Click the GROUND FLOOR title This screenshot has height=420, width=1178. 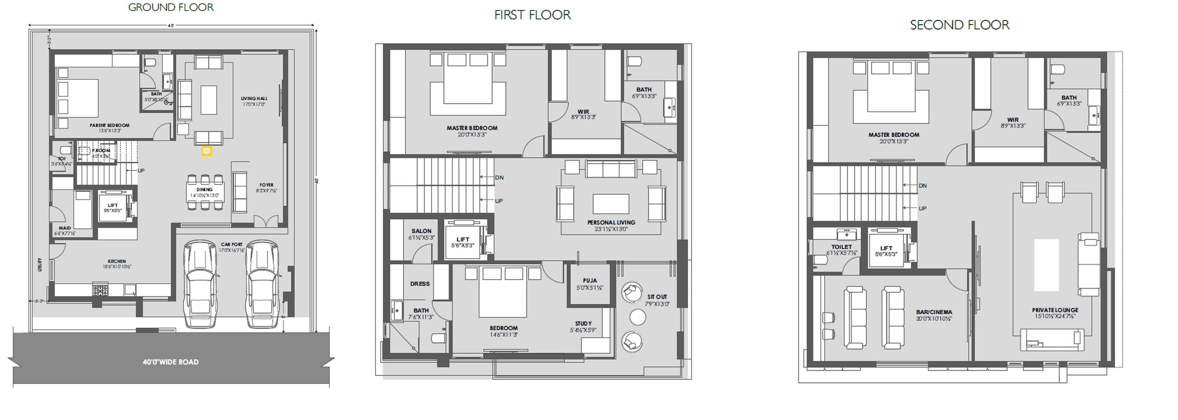point(170,7)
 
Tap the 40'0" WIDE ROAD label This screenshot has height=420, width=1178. point(170,362)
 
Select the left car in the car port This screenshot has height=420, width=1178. point(200,284)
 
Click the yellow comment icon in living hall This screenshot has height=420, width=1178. point(206,151)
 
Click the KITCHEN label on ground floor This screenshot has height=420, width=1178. point(117,261)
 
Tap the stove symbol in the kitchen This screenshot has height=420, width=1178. point(100,290)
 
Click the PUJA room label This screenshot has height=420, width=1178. point(590,281)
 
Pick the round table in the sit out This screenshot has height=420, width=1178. point(637,317)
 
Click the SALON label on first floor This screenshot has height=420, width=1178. point(421,231)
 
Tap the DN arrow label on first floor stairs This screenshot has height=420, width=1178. point(499,178)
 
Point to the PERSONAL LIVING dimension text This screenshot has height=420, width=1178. point(611,229)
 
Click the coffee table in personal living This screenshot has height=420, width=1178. point(611,204)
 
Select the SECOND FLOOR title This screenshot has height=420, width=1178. point(959,25)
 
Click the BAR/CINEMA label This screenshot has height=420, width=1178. point(934,312)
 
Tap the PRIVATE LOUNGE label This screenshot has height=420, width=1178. point(1055,310)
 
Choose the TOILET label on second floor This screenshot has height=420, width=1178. point(841,247)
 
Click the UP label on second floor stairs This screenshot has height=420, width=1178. point(922,208)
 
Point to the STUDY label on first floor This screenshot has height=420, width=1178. point(583,323)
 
